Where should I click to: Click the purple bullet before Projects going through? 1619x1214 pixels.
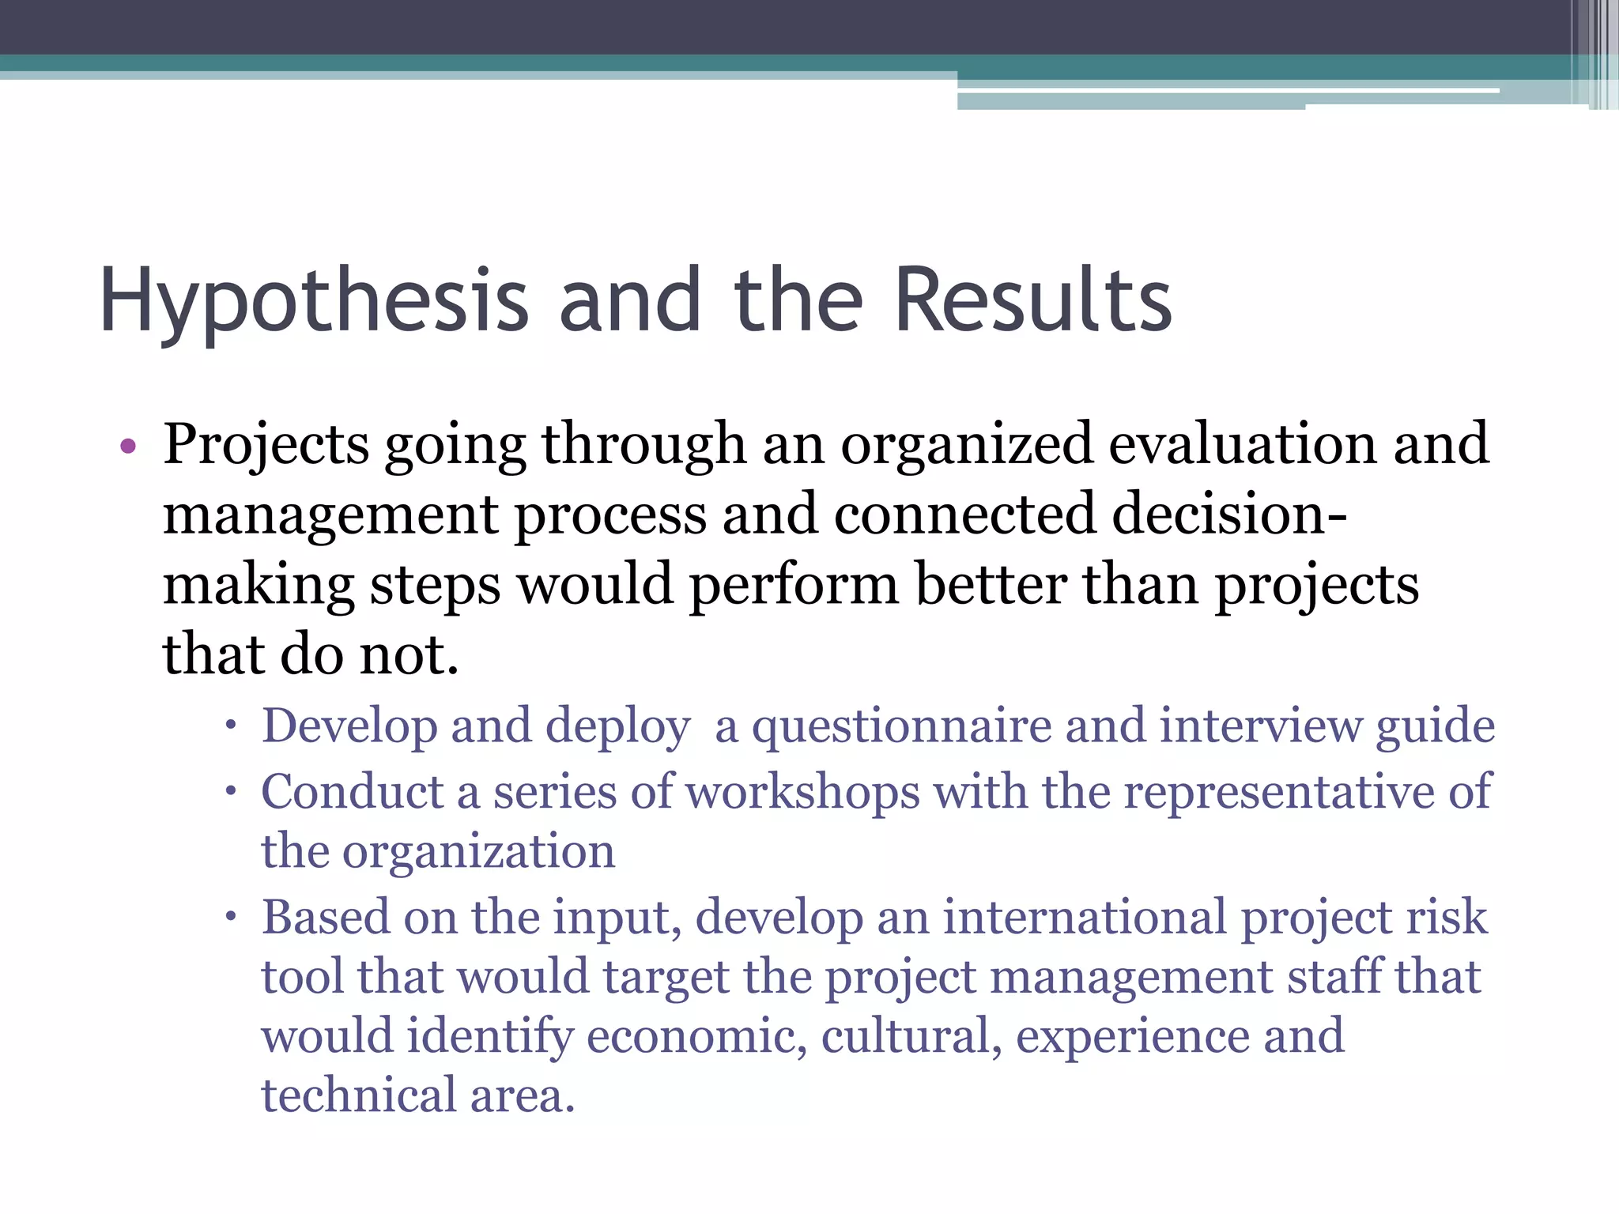click(128, 447)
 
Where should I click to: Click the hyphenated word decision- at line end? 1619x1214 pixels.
click(1229, 515)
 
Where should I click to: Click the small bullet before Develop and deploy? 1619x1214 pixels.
click(230, 726)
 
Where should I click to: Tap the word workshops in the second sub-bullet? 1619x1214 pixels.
click(802, 793)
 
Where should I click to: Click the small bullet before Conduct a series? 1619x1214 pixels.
click(230, 791)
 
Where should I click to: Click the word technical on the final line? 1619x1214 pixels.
click(359, 1096)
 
